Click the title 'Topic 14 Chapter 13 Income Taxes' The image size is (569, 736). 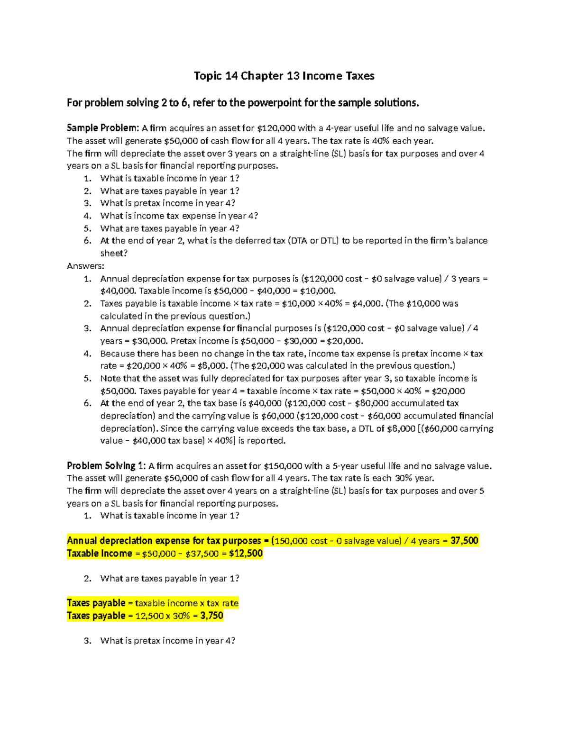click(x=284, y=76)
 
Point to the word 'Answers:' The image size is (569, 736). click(x=85, y=266)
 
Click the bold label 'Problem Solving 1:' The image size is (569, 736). click(x=107, y=466)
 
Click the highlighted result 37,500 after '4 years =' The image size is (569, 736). click(x=464, y=541)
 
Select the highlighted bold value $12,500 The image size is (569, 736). click(x=246, y=554)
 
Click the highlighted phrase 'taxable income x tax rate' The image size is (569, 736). click(x=187, y=603)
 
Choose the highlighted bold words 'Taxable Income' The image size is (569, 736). click(x=100, y=554)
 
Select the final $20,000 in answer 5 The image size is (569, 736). click(x=448, y=391)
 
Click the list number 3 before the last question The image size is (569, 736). click(x=87, y=641)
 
